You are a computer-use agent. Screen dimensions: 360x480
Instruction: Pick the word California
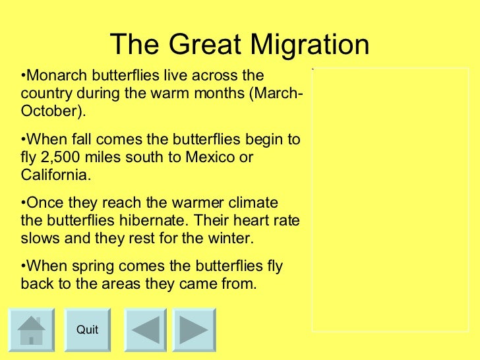[53, 176]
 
